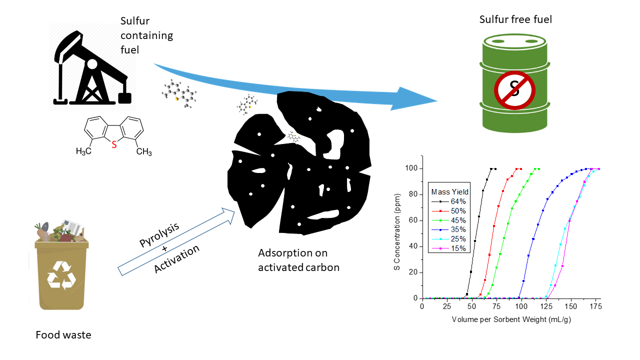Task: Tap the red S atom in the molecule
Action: (114, 145)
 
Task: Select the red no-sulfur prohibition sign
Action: (514, 90)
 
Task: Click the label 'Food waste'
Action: (63, 335)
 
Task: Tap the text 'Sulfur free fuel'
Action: (516, 20)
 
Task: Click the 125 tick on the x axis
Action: (546, 306)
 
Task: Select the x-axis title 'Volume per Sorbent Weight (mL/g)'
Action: (511, 319)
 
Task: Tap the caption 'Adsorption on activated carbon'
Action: (298, 260)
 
